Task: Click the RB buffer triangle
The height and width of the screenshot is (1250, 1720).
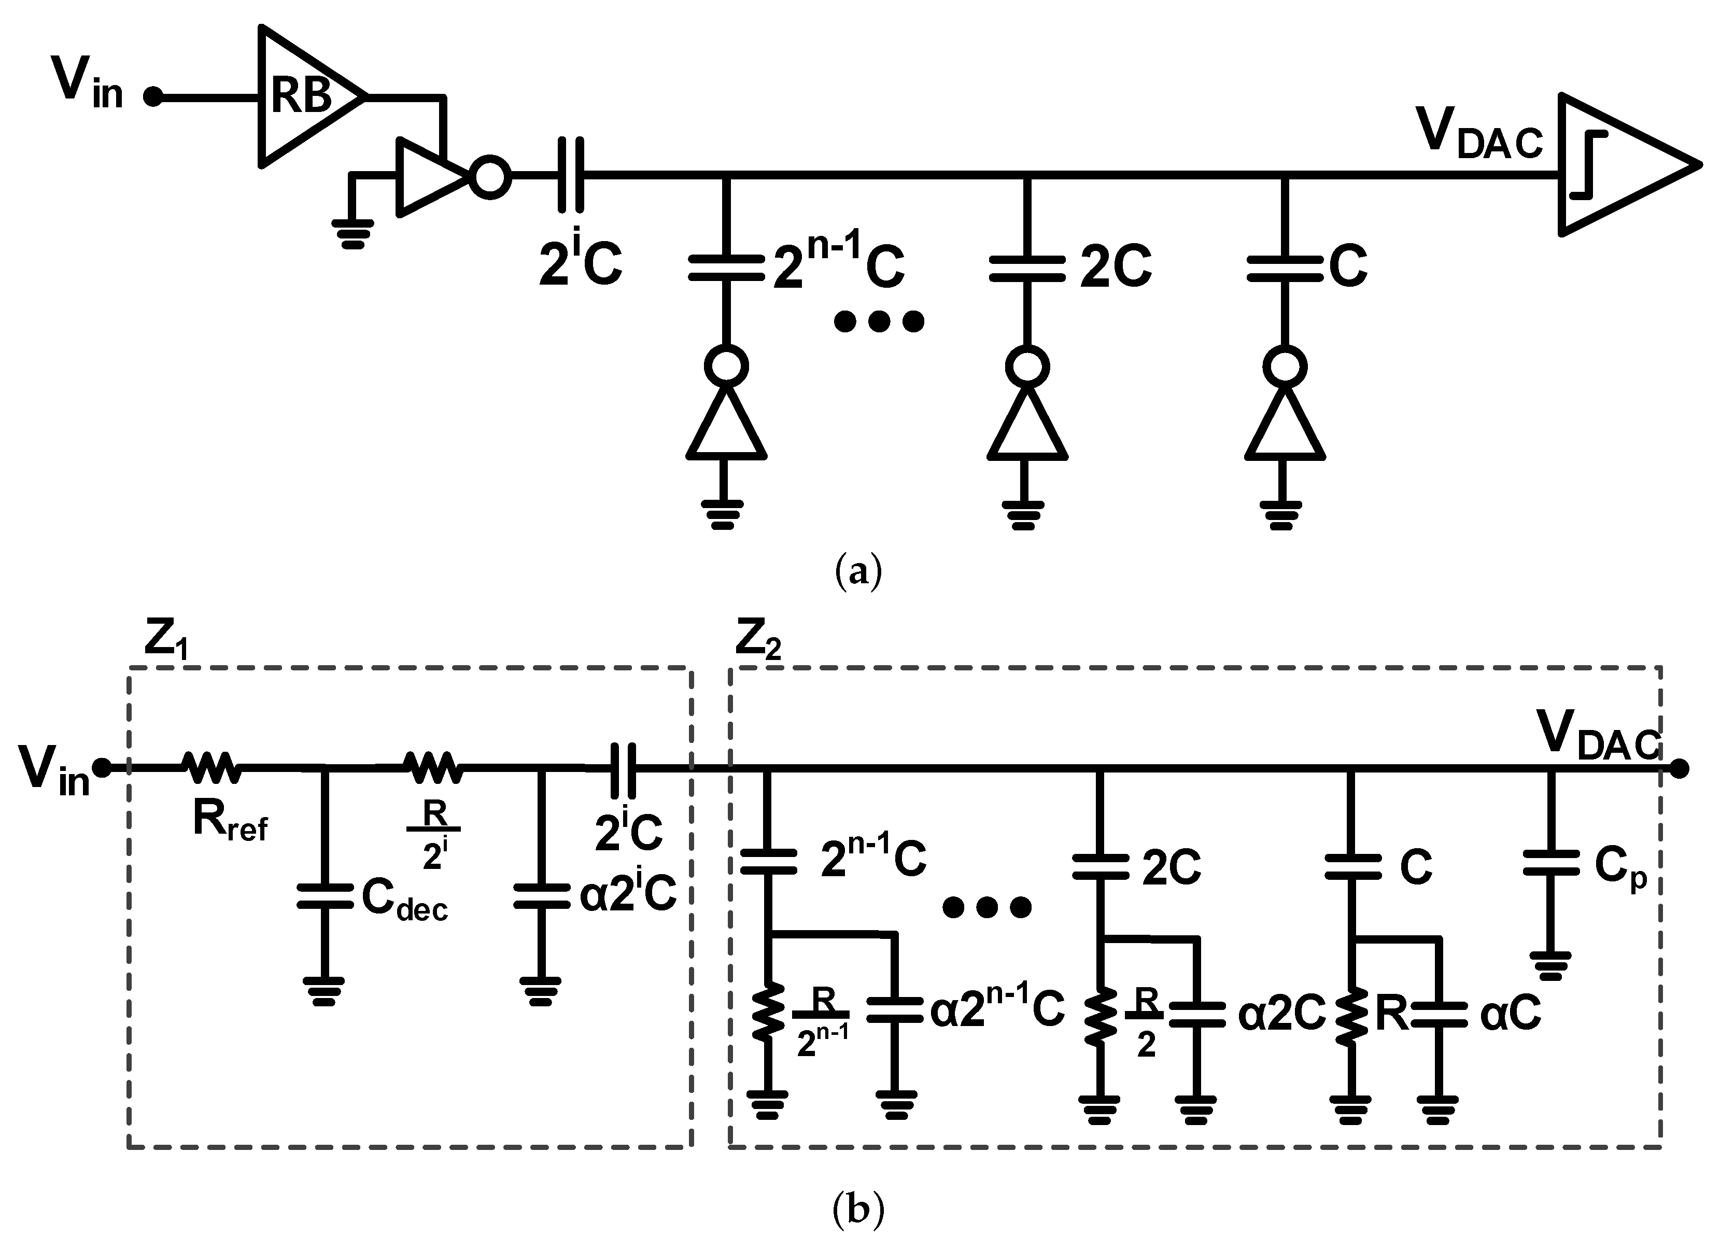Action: (303, 97)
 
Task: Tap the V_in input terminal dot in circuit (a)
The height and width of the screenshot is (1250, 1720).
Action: (153, 97)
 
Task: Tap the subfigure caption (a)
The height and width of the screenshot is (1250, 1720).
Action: (858, 571)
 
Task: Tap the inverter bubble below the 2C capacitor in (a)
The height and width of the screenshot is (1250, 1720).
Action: (1027, 367)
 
